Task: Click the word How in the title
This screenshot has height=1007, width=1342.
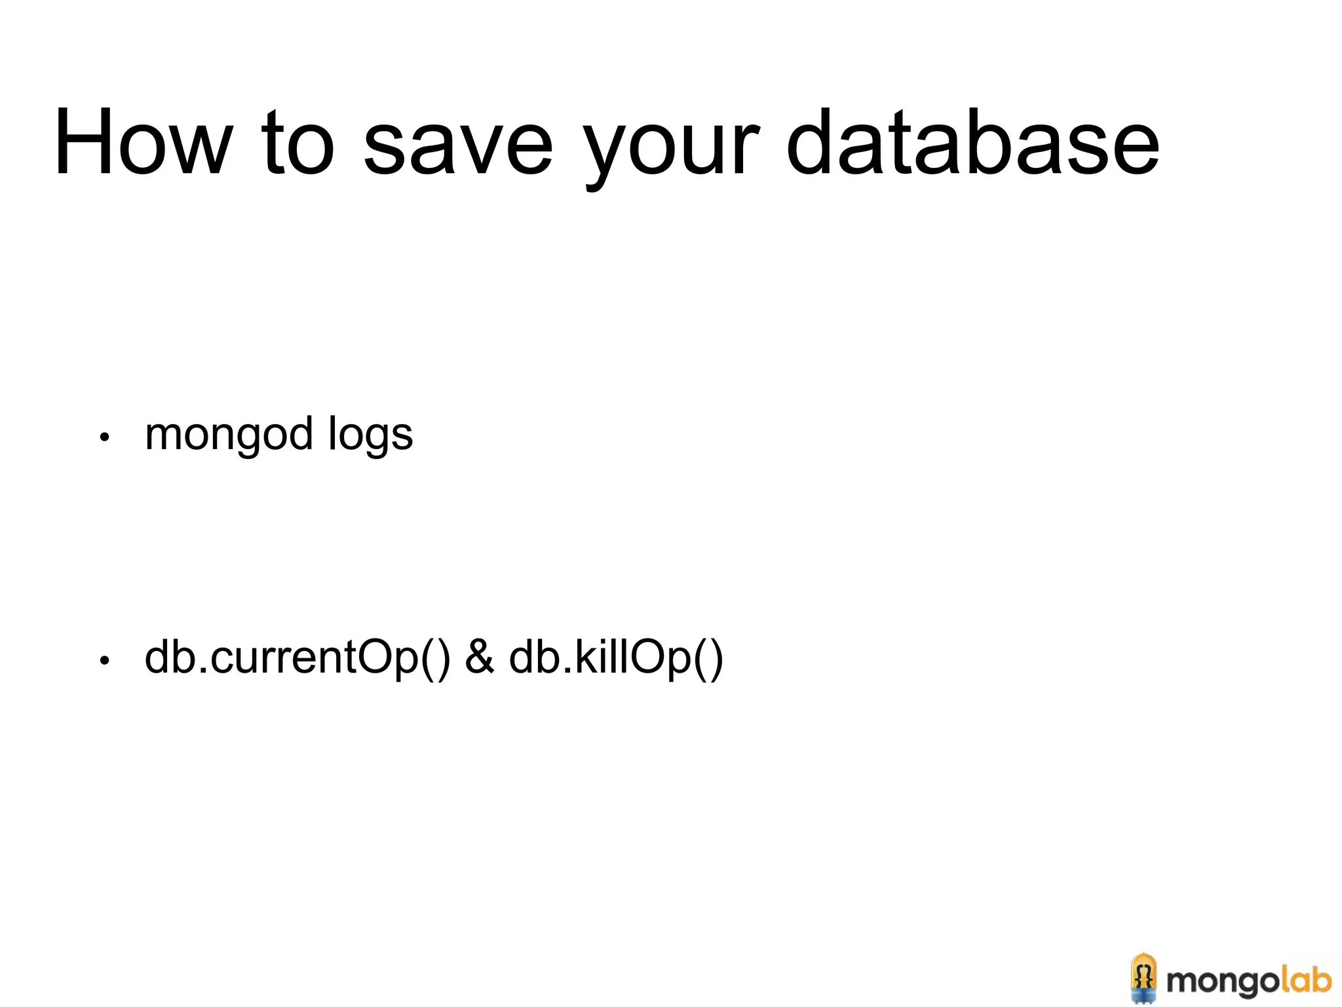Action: (144, 142)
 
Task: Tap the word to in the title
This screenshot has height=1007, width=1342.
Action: (298, 142)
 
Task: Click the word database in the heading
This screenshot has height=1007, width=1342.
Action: (972, 142)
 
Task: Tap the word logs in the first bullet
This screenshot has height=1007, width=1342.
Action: (370, 435)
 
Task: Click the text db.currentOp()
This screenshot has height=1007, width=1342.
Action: (297, 658)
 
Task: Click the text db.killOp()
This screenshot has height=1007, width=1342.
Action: (616, 658)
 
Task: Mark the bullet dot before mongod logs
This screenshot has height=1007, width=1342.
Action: (104, 437)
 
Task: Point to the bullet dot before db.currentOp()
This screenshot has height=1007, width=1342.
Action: (104, 661)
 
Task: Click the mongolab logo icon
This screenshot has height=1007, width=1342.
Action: (1143, 977)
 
